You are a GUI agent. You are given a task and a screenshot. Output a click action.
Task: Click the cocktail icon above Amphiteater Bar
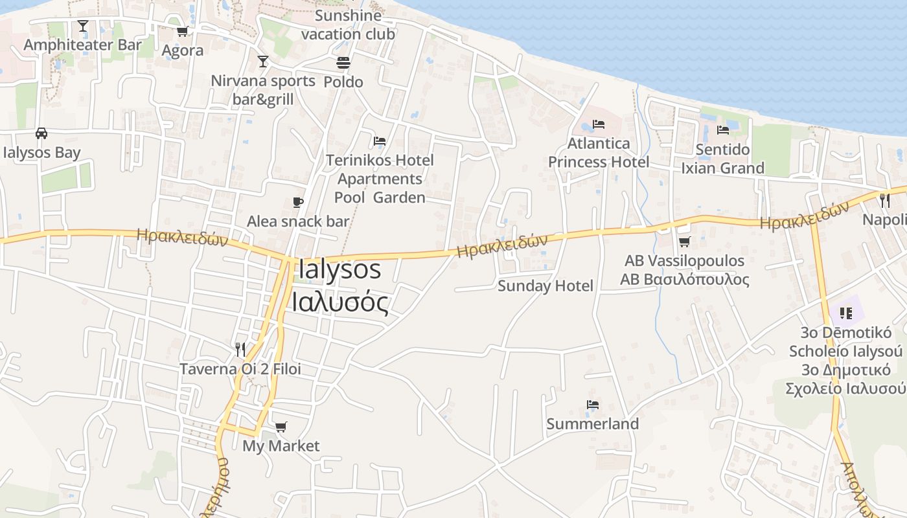tap(83, 26)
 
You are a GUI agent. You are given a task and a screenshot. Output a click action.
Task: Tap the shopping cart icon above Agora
tap(182, 31)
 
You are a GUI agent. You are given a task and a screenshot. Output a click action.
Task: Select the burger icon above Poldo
tap(343, 63)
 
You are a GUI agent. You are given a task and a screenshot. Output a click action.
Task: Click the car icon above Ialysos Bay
tap(41, 133)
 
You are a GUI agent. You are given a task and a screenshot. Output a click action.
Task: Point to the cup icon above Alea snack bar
tap(297, 203)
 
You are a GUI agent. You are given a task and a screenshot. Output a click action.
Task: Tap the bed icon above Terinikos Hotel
tap(380, 141)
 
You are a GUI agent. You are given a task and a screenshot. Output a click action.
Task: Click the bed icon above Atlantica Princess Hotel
tap(599, 124)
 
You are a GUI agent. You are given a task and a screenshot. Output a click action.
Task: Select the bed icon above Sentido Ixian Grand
tap(723, 130)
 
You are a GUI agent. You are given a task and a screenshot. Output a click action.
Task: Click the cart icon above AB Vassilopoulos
tap(684, 242)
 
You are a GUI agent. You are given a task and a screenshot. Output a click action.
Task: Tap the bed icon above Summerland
tap(592, 405)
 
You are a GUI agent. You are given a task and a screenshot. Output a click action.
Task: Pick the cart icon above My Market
tap(281, 427)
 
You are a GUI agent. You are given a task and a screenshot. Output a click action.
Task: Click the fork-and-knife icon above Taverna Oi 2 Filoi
tap(240, 350)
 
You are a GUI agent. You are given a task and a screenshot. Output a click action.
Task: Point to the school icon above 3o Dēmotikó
tap(845, 313)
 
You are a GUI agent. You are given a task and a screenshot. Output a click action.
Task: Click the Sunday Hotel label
tap(545, 286)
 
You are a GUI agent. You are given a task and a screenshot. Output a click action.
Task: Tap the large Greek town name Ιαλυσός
tap(340, 302)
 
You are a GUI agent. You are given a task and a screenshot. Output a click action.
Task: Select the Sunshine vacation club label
tap(348, 25)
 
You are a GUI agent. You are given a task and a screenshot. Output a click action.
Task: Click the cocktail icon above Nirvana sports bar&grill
tap(262, 62)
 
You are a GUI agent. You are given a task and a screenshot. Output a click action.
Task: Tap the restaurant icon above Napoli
tap(885, 200)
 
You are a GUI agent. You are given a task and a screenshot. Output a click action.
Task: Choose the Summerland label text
tap(593, 424)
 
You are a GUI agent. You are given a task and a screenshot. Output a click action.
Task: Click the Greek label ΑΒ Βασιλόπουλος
tap(685, 280)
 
